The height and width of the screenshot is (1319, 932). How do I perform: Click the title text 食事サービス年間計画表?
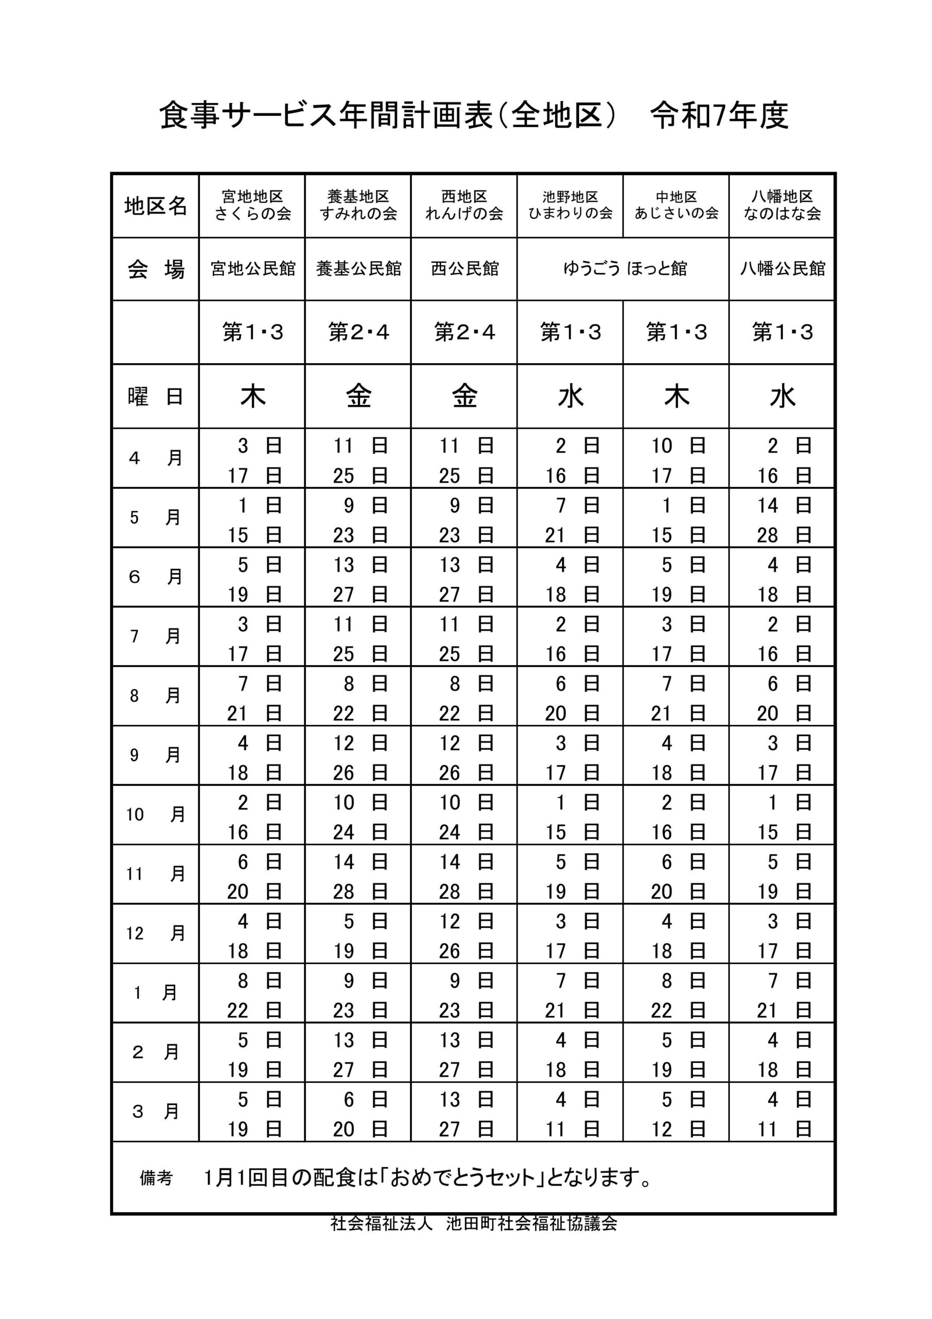point(325,115)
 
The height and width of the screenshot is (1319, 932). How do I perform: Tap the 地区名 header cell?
point(156,205)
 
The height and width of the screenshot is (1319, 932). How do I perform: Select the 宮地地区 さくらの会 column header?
point(253,205)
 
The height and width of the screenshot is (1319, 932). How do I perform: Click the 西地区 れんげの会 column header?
point(464,205)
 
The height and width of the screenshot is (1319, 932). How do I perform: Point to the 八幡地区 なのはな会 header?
point(782,205)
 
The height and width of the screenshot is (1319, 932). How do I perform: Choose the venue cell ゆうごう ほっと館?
point(624,269)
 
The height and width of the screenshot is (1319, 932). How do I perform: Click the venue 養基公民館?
point(358,269)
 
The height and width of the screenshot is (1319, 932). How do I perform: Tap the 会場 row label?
point(156,269)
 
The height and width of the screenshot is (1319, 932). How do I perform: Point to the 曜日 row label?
point(156,396)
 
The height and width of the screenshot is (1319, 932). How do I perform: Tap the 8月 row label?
point(156,696)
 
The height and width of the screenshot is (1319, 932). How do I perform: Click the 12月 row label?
point(156,934)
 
